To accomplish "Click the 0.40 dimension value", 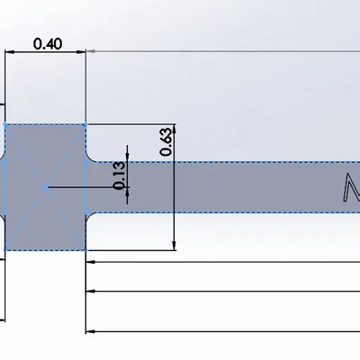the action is (x=48, y=44).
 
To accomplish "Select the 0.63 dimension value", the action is (x=166, y=142).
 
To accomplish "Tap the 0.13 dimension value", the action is (x=120, y=175).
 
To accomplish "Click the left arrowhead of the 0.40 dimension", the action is (x=10, y=52).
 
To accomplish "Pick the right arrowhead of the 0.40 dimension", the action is (x=81, y=52).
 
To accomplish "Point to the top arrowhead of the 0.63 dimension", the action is (x=174, y=128).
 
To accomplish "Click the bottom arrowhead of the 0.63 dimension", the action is (x=174, y=246).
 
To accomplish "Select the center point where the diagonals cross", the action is (x=45, y=188).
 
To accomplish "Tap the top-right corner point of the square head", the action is (x=85, y=124).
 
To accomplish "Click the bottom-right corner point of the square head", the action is (x=85, y=249).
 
